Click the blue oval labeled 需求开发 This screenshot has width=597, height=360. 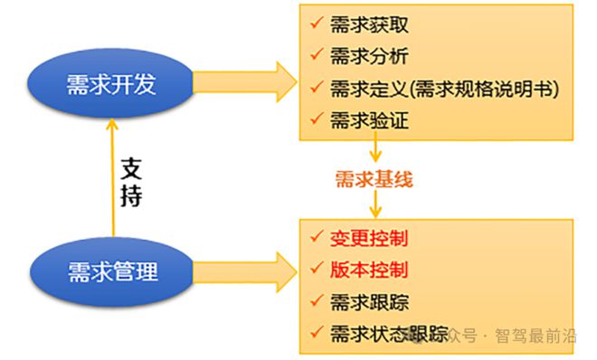point(111,82)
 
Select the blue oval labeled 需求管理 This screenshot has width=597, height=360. point(111,270)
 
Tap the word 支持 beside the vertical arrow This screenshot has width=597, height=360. point(132,181)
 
